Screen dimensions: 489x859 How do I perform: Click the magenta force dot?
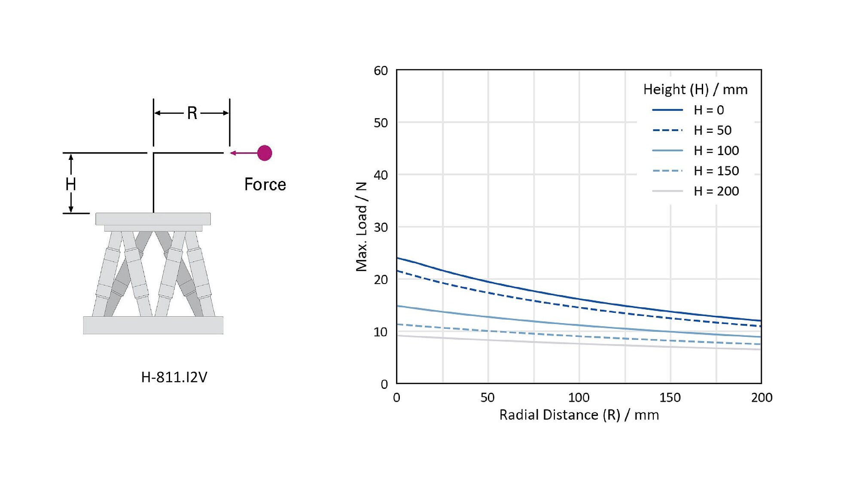point(265,153)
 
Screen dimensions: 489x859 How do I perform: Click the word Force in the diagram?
point(265,184)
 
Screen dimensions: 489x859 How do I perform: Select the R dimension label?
point(192,113)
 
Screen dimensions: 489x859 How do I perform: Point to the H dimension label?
point(71,184)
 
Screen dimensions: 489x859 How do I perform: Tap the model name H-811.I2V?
point(174,377)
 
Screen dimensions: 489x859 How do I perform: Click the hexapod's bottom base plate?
point(153,325)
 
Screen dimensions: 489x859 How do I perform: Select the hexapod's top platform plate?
point(153,219)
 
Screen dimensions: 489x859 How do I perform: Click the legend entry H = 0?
point(709,110)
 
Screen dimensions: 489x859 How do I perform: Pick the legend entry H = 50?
point(713,130)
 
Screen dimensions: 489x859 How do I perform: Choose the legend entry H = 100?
point(716,150)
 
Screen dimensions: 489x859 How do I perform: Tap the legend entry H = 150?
point(716,171)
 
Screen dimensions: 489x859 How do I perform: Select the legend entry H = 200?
point(716,191)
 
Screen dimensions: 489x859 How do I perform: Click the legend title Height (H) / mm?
point(695,89)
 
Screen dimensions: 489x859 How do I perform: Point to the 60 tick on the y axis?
point(381,70)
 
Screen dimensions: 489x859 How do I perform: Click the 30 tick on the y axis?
point(381,227)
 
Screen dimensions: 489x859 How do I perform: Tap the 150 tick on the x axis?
point(670,397)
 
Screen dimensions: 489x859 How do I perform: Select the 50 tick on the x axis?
point(487,397)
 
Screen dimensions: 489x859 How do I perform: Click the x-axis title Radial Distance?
point(579,415)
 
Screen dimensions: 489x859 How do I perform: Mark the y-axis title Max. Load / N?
point(362,226)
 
